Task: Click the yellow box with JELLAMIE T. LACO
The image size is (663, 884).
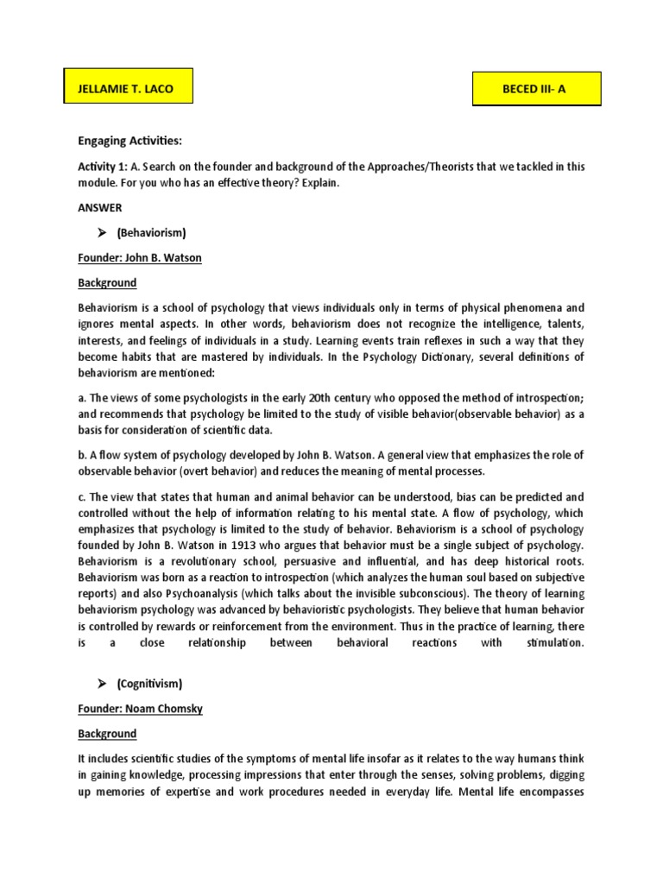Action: click(x=129, y=87)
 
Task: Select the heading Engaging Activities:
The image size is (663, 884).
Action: click(x=130, y=141)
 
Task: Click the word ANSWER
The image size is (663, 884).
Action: click(x=100, y=207)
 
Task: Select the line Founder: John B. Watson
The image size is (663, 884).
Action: click(x=139, y=258)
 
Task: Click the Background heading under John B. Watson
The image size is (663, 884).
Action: click(x=107, y=282)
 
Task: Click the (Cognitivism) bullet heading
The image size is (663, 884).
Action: click(x=150, y=684)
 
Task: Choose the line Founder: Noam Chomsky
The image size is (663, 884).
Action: click(x=141, y=709)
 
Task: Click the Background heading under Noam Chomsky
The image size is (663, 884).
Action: click(x=107, y=734)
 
